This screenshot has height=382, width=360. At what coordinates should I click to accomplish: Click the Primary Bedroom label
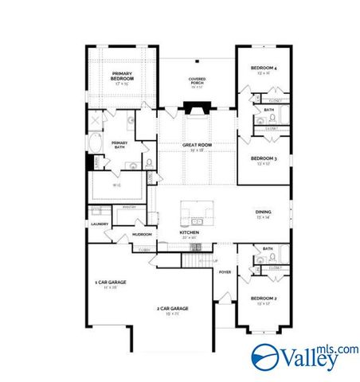[121, 77]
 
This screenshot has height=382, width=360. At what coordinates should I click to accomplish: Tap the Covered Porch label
[197, 81]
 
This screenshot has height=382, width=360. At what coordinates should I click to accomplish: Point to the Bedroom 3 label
[263, 159]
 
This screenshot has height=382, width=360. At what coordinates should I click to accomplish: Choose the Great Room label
[196, 146]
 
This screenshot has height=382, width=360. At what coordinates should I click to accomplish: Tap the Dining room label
[263, 213]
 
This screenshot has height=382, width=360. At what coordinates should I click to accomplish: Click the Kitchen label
[189, 234]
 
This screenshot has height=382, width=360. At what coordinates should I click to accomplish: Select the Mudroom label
[142, 235]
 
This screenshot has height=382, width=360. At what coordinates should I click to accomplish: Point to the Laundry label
[100, 224]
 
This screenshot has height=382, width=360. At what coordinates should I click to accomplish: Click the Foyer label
[225, 271]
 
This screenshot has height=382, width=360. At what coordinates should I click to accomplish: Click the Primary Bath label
[119, 145]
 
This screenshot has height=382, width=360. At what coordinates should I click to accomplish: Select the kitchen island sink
[196, 210]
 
